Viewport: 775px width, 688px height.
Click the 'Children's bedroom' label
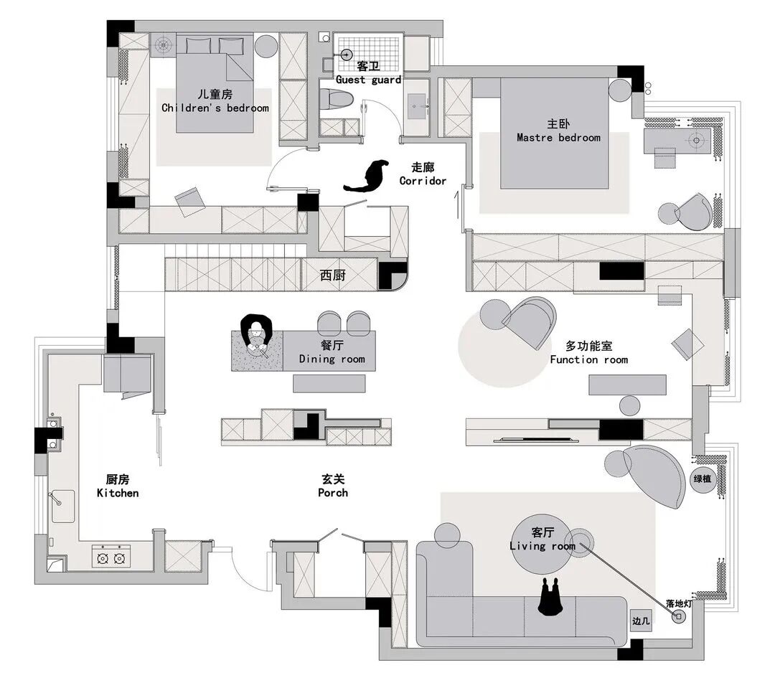215,108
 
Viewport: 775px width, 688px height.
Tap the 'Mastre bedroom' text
558,138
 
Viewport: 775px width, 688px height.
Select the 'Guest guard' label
368,80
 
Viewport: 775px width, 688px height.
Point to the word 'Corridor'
423,181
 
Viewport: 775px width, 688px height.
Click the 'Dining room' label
332,359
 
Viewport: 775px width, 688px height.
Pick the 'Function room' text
589,360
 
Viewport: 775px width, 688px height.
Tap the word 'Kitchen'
118,493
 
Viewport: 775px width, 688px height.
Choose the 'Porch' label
333,493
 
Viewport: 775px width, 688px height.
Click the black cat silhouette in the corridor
367,176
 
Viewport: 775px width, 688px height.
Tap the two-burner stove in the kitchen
111,557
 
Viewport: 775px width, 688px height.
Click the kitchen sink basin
62,506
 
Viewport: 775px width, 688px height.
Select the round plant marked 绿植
703,479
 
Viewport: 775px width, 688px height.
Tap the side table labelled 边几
641,621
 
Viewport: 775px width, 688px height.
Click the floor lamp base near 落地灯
679,616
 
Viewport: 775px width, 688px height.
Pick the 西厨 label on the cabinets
333,275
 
